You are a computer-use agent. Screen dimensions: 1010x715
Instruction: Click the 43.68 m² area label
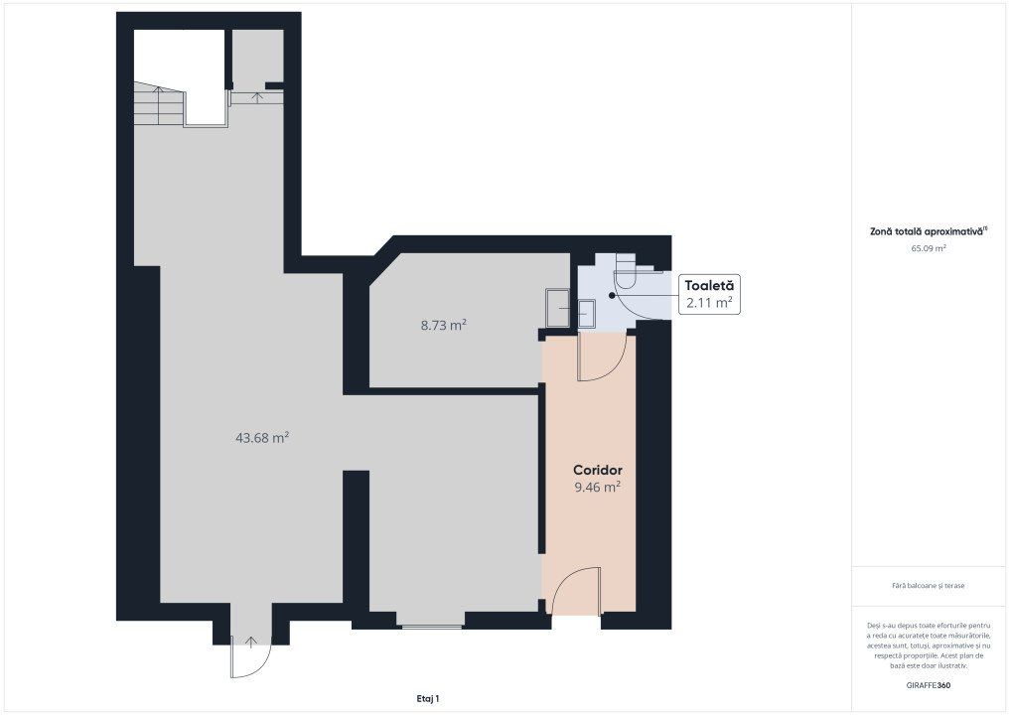262,438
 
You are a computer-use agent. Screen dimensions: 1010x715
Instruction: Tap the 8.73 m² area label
444,325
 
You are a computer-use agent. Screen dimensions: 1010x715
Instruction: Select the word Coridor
598,471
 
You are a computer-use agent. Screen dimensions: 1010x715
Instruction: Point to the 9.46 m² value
598,487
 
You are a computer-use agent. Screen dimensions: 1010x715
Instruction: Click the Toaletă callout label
709,285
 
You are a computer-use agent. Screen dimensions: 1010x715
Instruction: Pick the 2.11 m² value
709,302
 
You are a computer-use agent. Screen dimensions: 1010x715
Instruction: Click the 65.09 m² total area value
929,248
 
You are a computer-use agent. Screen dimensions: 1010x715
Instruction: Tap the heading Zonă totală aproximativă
928,231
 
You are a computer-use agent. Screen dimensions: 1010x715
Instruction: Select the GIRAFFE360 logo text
929,685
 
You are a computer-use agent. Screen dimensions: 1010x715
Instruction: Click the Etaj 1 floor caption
428,698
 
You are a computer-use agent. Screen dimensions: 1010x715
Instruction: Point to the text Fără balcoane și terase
929,586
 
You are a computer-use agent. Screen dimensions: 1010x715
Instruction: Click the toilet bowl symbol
626,273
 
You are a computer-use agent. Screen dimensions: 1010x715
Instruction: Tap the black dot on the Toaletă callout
612,295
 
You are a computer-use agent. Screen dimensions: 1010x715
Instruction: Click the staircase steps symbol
159,103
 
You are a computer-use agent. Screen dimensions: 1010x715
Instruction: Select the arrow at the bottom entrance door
251,641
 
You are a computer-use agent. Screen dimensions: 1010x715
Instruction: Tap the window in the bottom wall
430,626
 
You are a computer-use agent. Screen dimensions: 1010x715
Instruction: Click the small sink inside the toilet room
586,315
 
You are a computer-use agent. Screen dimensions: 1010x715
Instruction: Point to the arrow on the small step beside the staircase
257,97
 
